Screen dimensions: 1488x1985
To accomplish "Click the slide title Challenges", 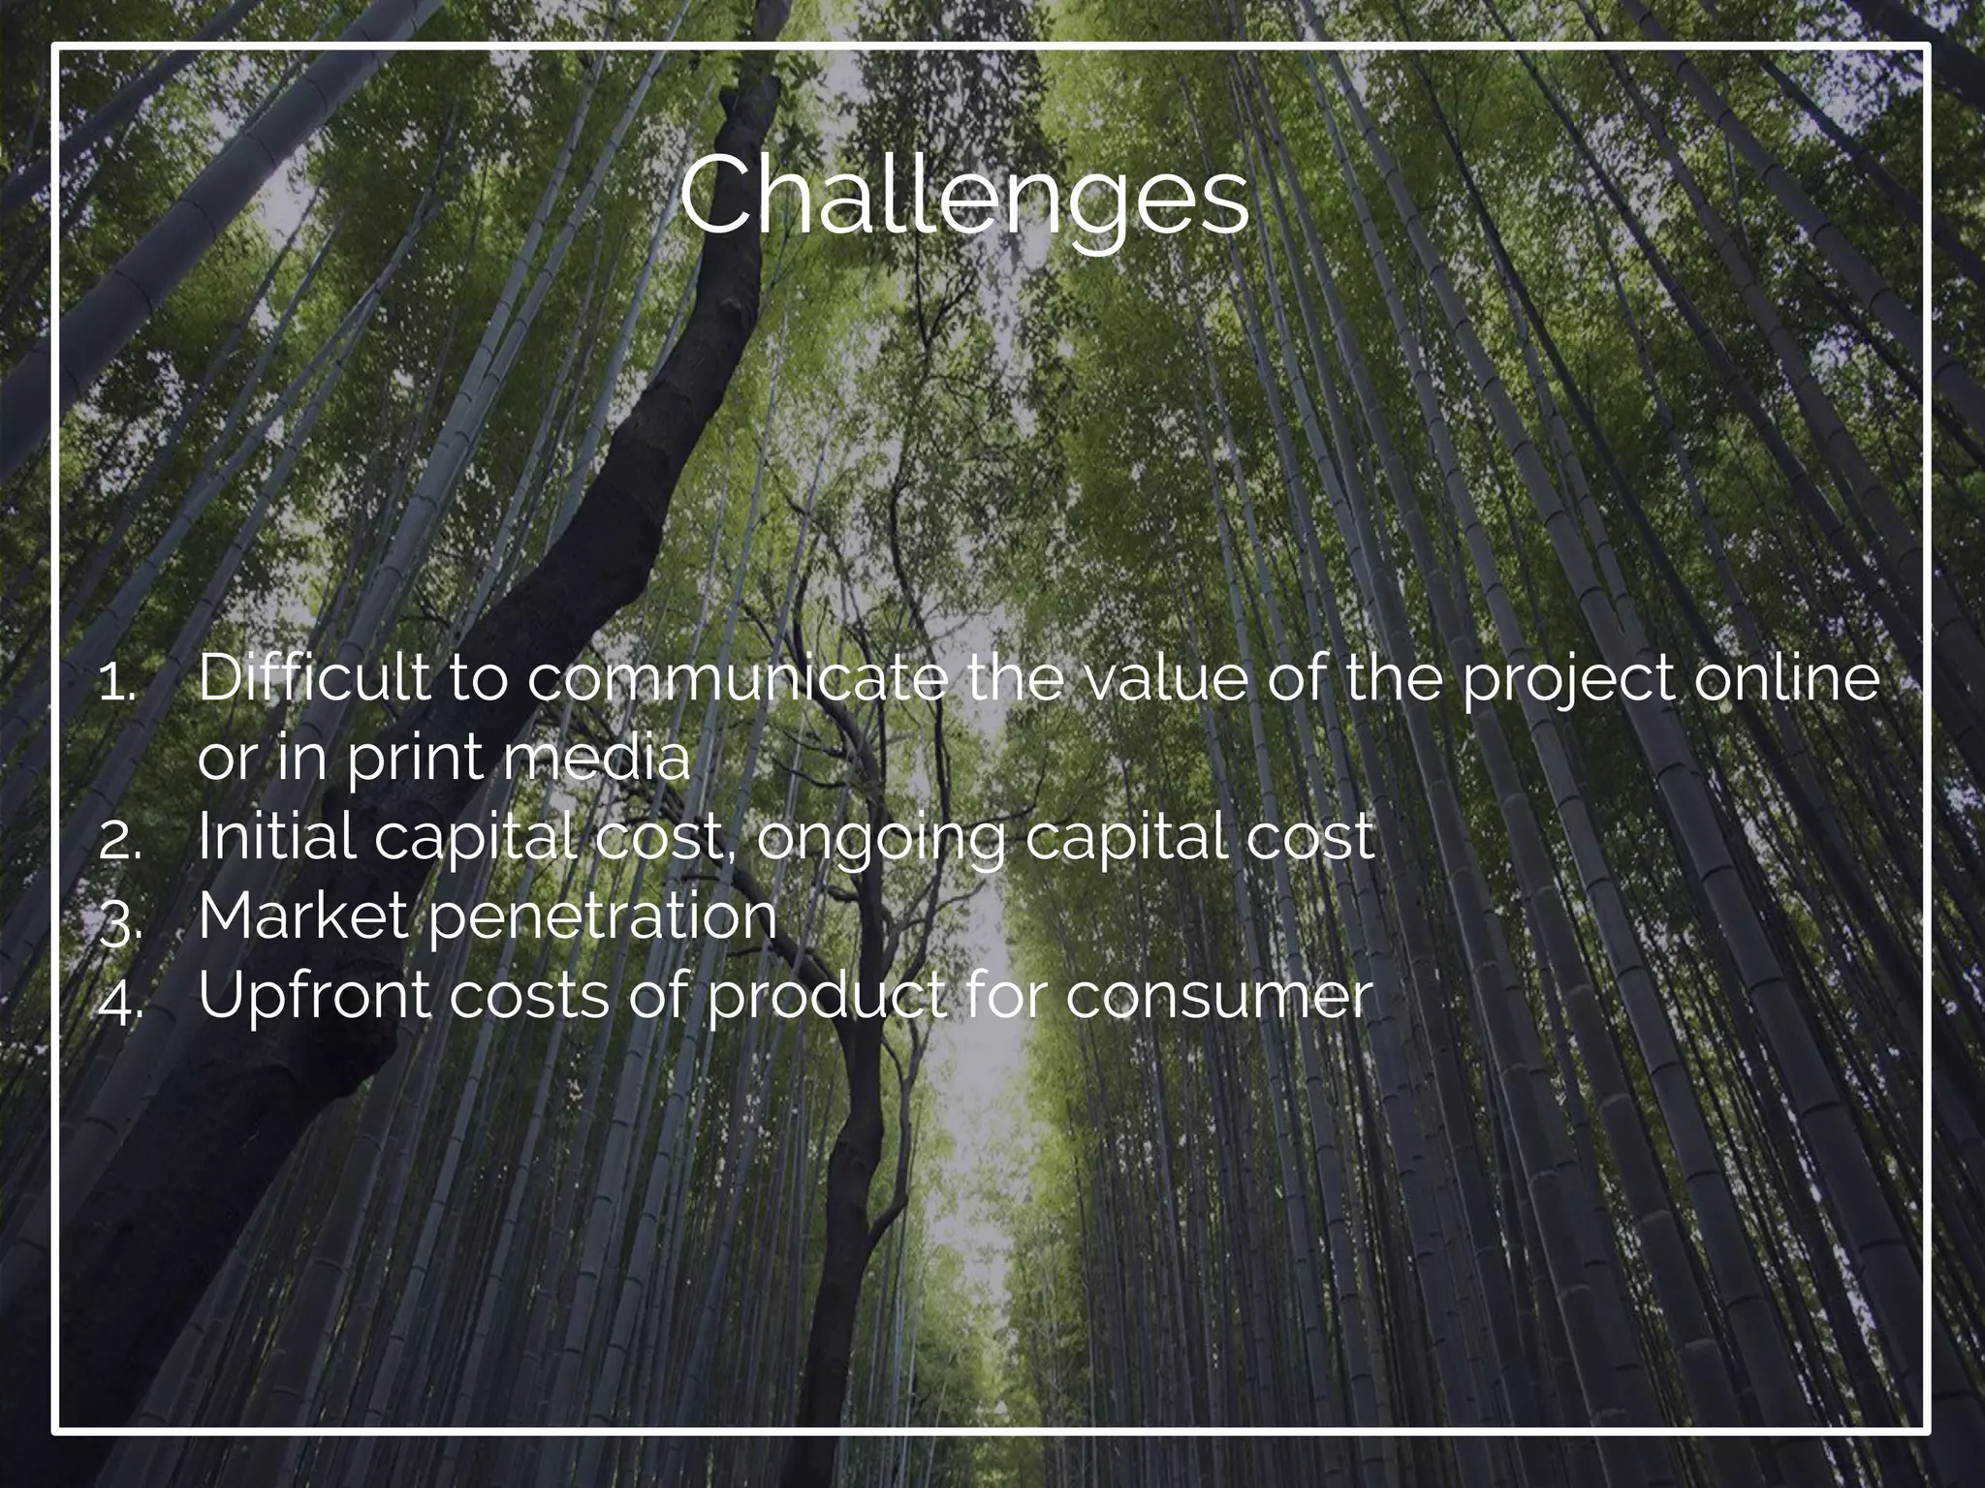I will (x=963, y=197).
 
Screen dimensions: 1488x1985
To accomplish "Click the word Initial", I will (x=276, y=835).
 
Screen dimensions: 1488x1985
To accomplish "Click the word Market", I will (x=302, y=914).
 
